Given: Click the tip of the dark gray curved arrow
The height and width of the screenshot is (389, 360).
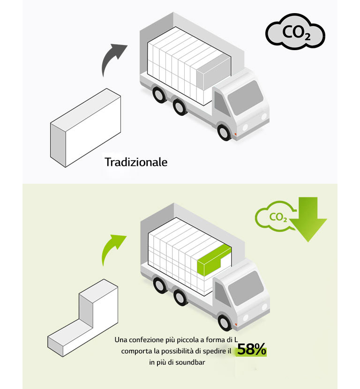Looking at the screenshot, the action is (127, 45).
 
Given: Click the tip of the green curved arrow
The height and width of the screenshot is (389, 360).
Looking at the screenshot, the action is (127, 236).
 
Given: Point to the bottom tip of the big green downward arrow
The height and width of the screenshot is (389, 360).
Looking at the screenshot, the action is (308, 242).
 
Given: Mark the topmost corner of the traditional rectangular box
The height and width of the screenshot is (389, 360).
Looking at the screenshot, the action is (107, 89).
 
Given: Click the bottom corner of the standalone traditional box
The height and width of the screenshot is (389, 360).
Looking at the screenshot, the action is (66, 167).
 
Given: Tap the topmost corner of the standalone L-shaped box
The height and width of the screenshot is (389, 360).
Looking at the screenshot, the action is (104, 279).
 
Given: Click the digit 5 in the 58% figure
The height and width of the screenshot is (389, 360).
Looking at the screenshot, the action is (242, 349).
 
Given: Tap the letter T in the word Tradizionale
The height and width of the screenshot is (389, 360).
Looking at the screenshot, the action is (108, 162).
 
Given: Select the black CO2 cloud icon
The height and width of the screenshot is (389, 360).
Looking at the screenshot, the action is (295, 31).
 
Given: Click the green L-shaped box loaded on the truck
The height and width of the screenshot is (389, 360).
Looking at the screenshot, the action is (214, 260).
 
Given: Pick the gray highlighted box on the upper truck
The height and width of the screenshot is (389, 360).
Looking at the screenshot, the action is (214, 72).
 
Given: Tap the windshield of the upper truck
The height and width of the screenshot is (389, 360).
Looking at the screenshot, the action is (245, 97).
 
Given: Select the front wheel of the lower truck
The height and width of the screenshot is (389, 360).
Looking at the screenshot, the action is (225, 322).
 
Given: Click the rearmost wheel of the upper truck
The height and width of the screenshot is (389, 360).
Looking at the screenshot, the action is (159, 95).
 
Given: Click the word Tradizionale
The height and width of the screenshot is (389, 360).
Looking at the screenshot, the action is (136, 162).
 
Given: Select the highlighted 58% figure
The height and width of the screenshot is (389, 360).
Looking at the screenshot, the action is (252, 349).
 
